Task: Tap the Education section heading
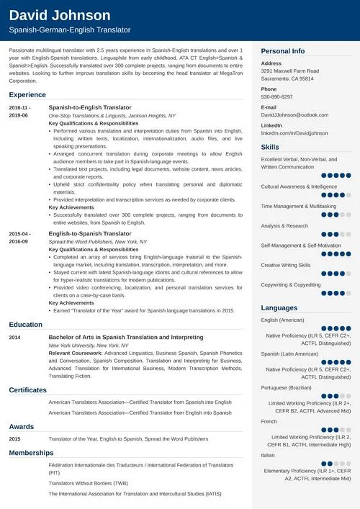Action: click(x=25, y=325)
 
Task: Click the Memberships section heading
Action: click(x=31, y=453)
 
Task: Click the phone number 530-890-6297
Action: click(x=276, y=96)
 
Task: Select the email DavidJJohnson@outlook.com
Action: click(x=294, y=114)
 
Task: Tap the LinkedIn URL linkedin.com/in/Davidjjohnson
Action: click(x=294, y=133)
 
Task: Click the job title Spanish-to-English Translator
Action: click(x=90, y=107)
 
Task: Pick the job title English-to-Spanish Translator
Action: click(x=90, y=234)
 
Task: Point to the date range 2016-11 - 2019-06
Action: click(x=20, y=111)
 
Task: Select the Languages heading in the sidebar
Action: click(x=278, y=307)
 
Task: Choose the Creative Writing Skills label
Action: click(x=286, y=264)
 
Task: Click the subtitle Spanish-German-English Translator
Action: click(x=69, y=30)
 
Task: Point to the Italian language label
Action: click(x=268, y=454)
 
